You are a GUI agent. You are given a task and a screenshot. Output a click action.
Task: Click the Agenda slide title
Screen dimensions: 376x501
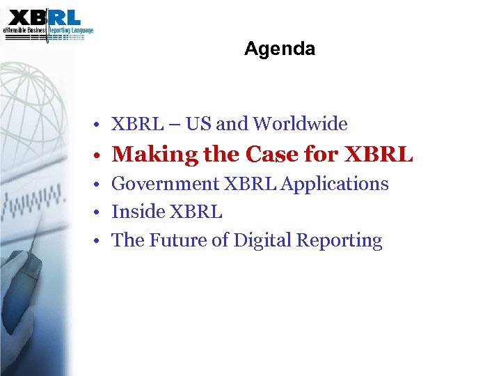(280, 49)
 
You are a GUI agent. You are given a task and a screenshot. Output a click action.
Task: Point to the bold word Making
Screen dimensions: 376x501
(150, 155)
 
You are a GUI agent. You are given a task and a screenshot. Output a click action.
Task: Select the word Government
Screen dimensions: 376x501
(165, 185)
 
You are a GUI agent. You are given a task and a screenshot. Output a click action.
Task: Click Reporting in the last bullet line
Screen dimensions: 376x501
(340, 241)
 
